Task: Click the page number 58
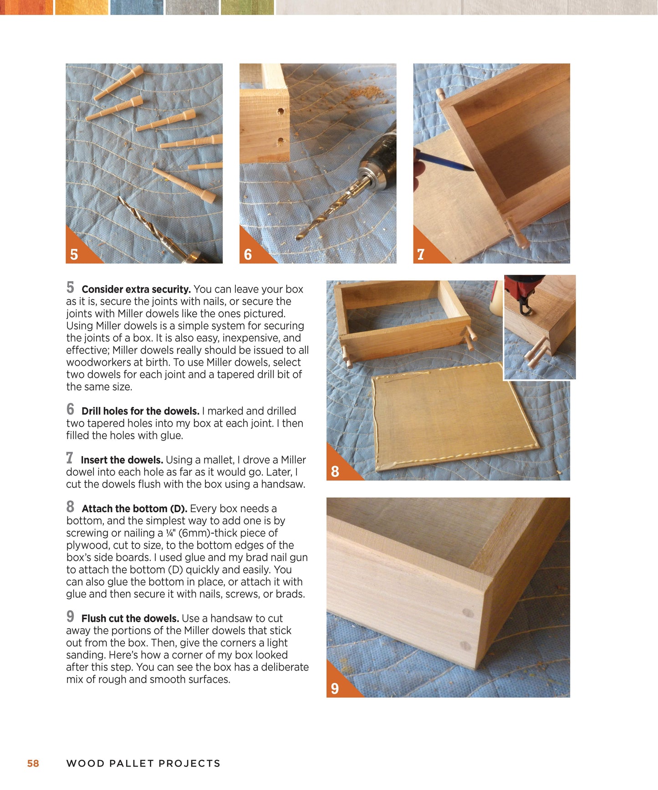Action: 33,763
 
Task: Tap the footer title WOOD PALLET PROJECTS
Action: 143,763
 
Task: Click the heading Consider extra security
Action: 136,289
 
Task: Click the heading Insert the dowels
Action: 122,460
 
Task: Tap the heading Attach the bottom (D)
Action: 134,508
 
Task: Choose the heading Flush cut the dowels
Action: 130,618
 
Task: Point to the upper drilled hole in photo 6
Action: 282,111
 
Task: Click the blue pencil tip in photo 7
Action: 469,169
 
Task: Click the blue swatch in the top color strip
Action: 137,7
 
